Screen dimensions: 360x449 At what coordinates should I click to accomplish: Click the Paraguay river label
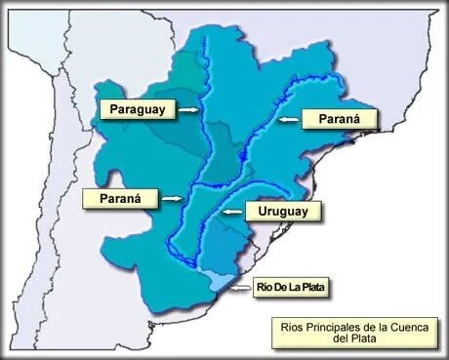(138, 108)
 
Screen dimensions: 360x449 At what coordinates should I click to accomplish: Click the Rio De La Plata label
(290, 287)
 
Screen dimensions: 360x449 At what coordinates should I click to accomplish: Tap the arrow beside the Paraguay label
(188, 110)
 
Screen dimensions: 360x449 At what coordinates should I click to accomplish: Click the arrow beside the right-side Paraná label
(286, 119)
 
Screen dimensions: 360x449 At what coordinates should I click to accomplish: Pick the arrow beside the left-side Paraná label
(171, 199)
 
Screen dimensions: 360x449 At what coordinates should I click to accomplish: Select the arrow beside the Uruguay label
(230, 211)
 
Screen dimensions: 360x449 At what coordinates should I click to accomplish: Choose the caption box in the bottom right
(352, 332)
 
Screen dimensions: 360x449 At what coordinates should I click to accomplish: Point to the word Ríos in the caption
(289, 326)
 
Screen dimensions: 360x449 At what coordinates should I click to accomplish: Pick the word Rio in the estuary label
(264, 287)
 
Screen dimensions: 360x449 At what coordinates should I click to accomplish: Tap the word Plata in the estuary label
(312, 287)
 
